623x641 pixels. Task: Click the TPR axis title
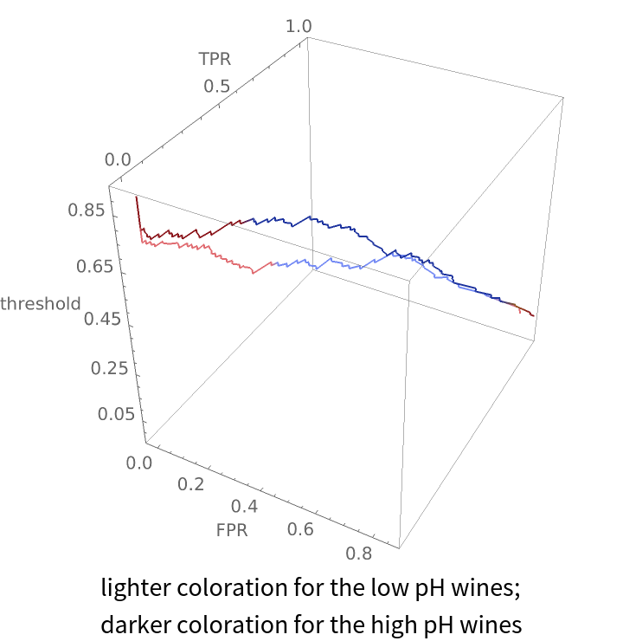(214, 59)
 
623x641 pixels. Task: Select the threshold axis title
(41, 303)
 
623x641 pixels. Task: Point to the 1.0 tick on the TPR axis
(299, 27)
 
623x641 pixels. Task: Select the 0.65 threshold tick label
(100, 267)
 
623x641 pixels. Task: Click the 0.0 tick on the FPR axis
(138, 463)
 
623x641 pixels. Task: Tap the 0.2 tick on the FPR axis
(190, 484)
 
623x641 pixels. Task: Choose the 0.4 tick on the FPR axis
(246, 506)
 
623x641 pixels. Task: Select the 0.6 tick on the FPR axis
(299, 528)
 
